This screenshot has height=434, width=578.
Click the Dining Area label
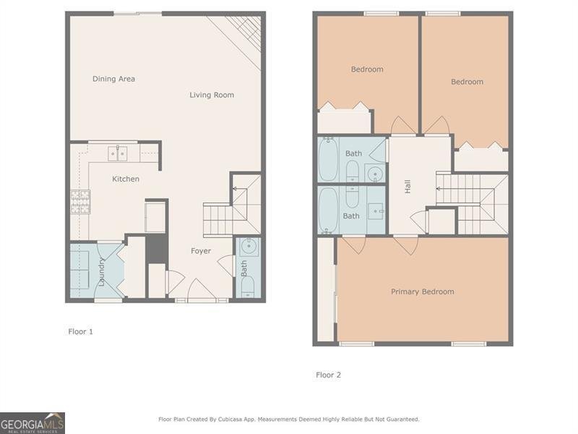pos(113,79)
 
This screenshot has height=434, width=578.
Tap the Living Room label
pos(212,95)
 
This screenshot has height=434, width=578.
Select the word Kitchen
pos(126,179)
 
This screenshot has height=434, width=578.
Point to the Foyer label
pos(201,251)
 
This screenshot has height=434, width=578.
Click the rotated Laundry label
pos(102,271)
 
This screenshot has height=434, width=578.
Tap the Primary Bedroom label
pos(423,292)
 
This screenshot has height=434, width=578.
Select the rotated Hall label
pos(408,186)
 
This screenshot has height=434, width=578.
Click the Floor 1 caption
pos(80,331)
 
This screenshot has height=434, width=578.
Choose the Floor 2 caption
pos(328,375)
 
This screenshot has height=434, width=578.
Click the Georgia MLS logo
pos(33,422)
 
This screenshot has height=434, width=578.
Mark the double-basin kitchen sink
pos(118,153)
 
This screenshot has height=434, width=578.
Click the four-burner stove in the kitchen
pos(79,200)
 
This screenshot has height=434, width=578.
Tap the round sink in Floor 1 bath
pos(248,247)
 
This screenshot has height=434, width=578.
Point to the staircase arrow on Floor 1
pos(236,189)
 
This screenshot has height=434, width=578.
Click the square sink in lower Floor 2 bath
pos(376,210)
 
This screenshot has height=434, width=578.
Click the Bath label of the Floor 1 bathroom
pos(244,269)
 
